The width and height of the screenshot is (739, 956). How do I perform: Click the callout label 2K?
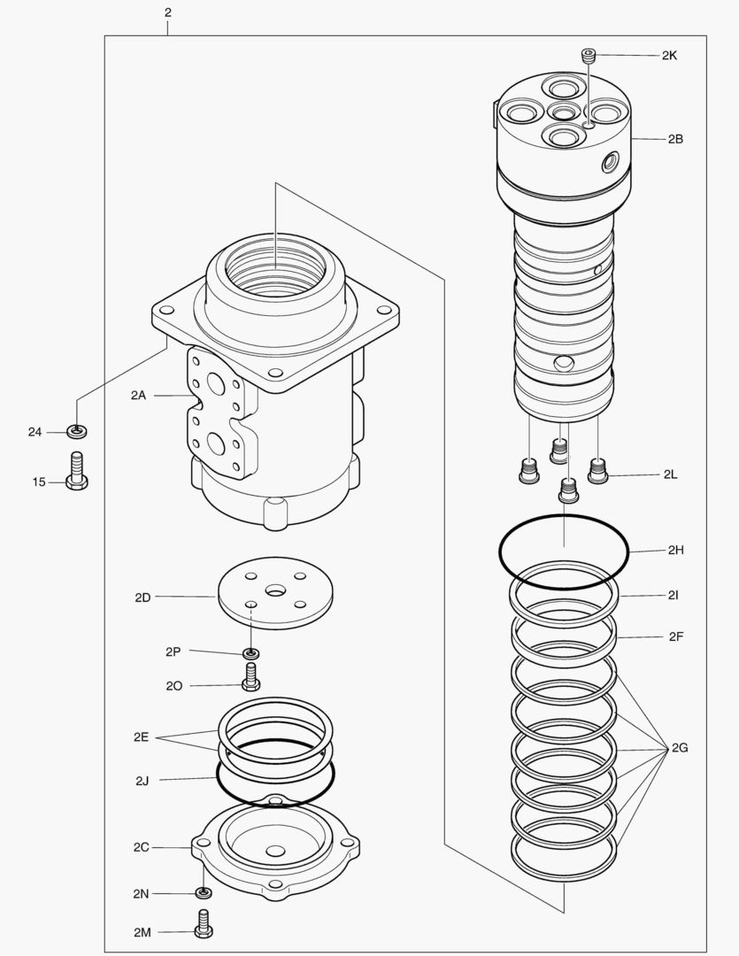pyautogui.click(x=669, y=55)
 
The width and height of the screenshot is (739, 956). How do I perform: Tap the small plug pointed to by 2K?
pyautogui.click(x=589, y=56)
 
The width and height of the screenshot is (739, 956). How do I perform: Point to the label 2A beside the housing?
pyautogui.click(x=137, y=396)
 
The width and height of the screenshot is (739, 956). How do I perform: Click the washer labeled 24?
pyautogui.click(x=77, y=432)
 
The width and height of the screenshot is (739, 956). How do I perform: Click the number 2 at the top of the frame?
pyautogui.click(x=167, y=12)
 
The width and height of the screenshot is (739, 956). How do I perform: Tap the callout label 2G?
pyautogui.click(x=679, y=749)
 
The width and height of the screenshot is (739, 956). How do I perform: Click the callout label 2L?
pyautogui.click(x=671, y=474)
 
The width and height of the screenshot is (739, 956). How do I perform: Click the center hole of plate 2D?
pyautogui.click(x=275, y=590)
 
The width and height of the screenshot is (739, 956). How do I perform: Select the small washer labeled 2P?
pyautogui.click(x=251, y=653)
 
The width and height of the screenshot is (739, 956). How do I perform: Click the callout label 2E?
pyautogui.click(x=141, y=736)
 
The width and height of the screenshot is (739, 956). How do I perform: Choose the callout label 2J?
pyautogui.click(x=142, y=781)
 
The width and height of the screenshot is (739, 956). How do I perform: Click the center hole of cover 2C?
pyautogui.click(x=276, y=852)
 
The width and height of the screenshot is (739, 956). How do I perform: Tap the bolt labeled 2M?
pyautogui.click(x=204, y=924)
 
